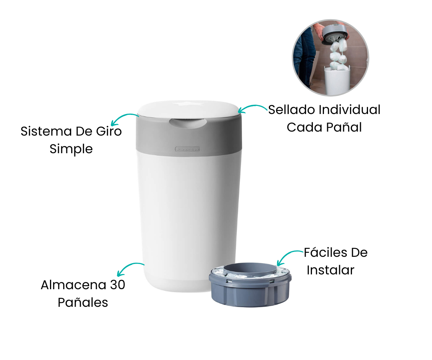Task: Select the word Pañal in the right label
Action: pyautogui.click(x=344, y=127)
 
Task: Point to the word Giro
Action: pyautogui.click(x=109, y=131)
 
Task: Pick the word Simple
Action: pyautogui.click(x=71, y=150)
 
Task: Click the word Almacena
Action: pyautogui.click(x=74, y=285)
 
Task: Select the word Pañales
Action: pyautogui.click(x=83, y=302)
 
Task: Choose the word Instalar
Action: pyautogui.click(x=331, y=270)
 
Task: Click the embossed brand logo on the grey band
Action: pyautogui.click(x=188, y=149)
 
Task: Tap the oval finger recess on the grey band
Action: pyautogui.click(x=188, y=123)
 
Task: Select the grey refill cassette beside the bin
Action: pyautogui.click(x=250, y=284)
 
